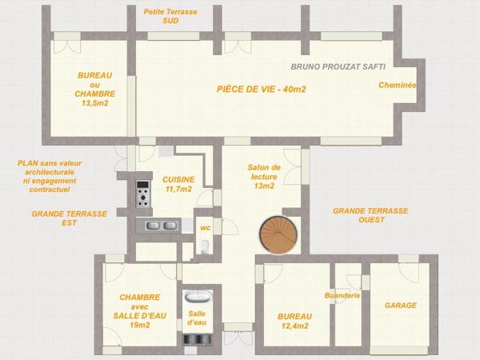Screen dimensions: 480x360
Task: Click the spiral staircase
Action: (278, 234)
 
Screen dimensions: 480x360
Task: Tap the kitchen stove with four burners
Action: (143, 194)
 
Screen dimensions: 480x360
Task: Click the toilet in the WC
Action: (205, 246)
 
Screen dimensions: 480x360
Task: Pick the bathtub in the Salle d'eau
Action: (198, 297)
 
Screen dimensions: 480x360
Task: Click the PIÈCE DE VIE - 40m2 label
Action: (262, 89)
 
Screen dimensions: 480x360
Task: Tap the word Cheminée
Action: (398, 85)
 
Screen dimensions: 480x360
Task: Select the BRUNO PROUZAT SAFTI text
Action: (338, 66)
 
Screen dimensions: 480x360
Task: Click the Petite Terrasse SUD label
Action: (170, 16)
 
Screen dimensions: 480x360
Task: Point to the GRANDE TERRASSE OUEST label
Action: (370, 215)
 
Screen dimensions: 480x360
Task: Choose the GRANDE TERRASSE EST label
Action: (69, 218)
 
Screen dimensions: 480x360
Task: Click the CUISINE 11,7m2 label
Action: (178, 184)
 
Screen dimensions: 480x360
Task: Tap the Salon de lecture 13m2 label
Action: (264, 177)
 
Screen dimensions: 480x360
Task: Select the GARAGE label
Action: (401, 306)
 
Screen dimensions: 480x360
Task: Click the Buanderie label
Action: (342, 295)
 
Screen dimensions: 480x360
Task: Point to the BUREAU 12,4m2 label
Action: (294, 321)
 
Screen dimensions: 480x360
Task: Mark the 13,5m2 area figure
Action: (95, 103)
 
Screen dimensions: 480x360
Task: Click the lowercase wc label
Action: (205, 228)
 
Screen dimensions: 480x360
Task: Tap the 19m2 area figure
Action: (140, 325)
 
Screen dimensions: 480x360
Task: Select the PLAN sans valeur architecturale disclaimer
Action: (50, 176)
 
